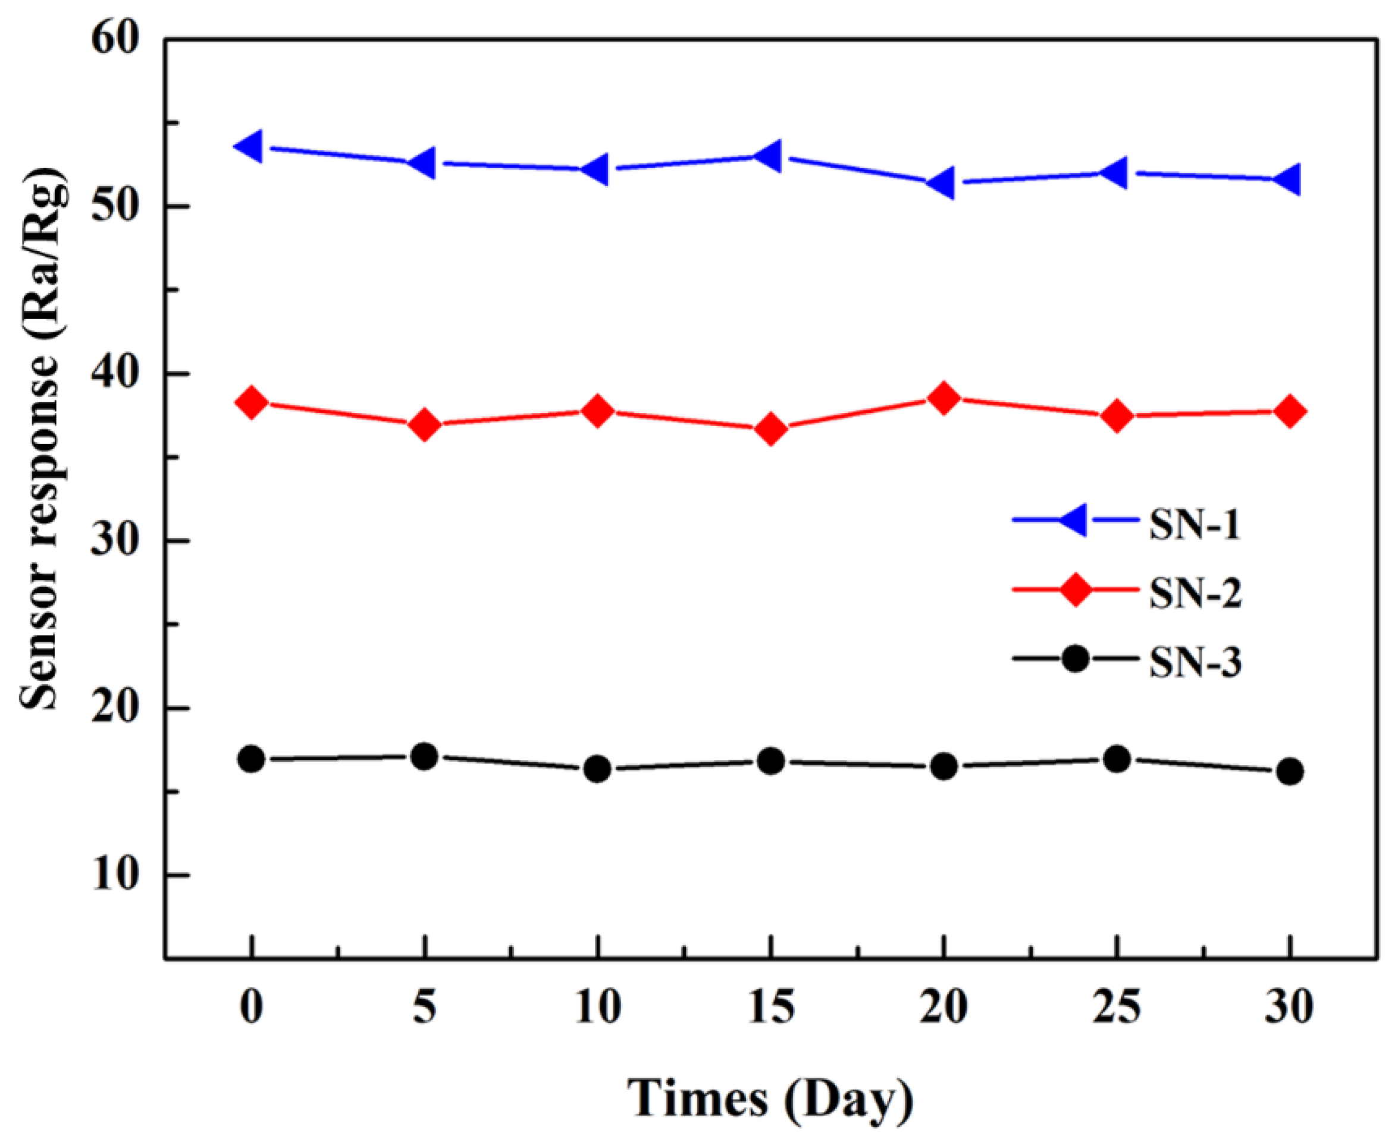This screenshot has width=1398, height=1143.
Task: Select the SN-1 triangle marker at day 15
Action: pos(769,156)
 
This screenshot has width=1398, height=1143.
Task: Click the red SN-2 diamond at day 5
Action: pos(425,424)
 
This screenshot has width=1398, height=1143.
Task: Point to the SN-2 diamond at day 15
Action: pos(771,429)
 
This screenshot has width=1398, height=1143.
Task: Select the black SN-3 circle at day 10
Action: pos(597,769)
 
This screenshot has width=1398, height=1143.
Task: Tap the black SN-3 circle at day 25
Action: pos(1117,759)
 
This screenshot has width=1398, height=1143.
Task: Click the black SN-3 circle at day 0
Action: pos(251,759)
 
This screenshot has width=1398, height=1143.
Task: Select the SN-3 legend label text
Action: pos(1195,662)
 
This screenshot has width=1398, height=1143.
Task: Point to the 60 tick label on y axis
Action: pos(117,39)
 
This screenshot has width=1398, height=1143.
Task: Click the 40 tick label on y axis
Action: pos(117,373)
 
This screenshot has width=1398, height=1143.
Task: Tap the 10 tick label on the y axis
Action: pos(117,875)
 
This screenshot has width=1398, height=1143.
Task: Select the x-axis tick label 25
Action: pos(1116,1007)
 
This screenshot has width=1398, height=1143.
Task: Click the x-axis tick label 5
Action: pos(425,1007)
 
